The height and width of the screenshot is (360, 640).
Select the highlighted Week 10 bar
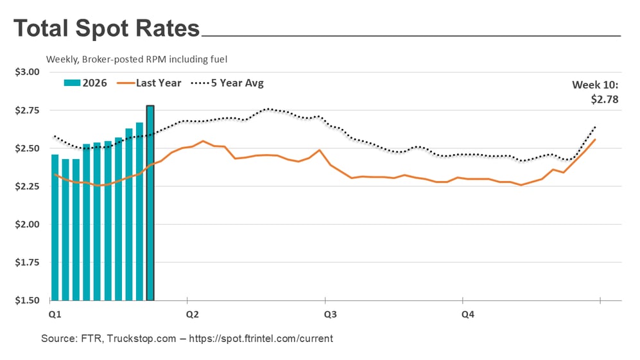pyautogui.click(x=150, y=203)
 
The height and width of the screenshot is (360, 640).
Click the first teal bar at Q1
pyautogui.click(x=55, y=227)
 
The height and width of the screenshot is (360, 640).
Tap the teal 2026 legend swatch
pyautogui.click(x=72, y=83)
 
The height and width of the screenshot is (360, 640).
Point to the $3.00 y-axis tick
pyautogui.click(x=27, y=72)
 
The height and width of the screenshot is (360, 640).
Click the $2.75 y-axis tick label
pyautogui.click(x=27, y=110)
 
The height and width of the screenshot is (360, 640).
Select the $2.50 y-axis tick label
pyautogui.click(x=27, y=148)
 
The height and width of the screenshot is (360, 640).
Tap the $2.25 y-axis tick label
pyautogui.click(x=27, y=186)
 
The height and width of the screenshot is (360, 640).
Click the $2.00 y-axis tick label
pyautogui.click(x=27, y=225)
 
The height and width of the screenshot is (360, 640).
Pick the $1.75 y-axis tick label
pyautogui.click(x=27, y=262)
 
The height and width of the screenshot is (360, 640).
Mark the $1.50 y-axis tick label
pyautogui.click(x=27, y=300)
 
